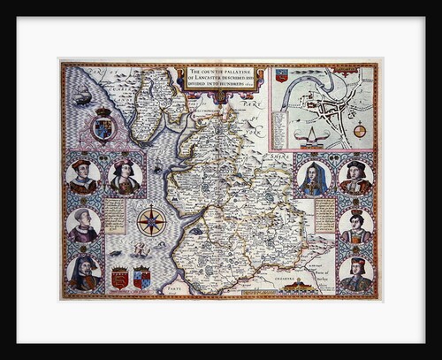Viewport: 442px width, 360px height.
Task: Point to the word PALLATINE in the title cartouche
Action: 241,73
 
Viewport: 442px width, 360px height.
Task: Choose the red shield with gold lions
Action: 119,278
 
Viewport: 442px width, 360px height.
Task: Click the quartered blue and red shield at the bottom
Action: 141,278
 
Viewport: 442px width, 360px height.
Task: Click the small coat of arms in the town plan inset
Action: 281,74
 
